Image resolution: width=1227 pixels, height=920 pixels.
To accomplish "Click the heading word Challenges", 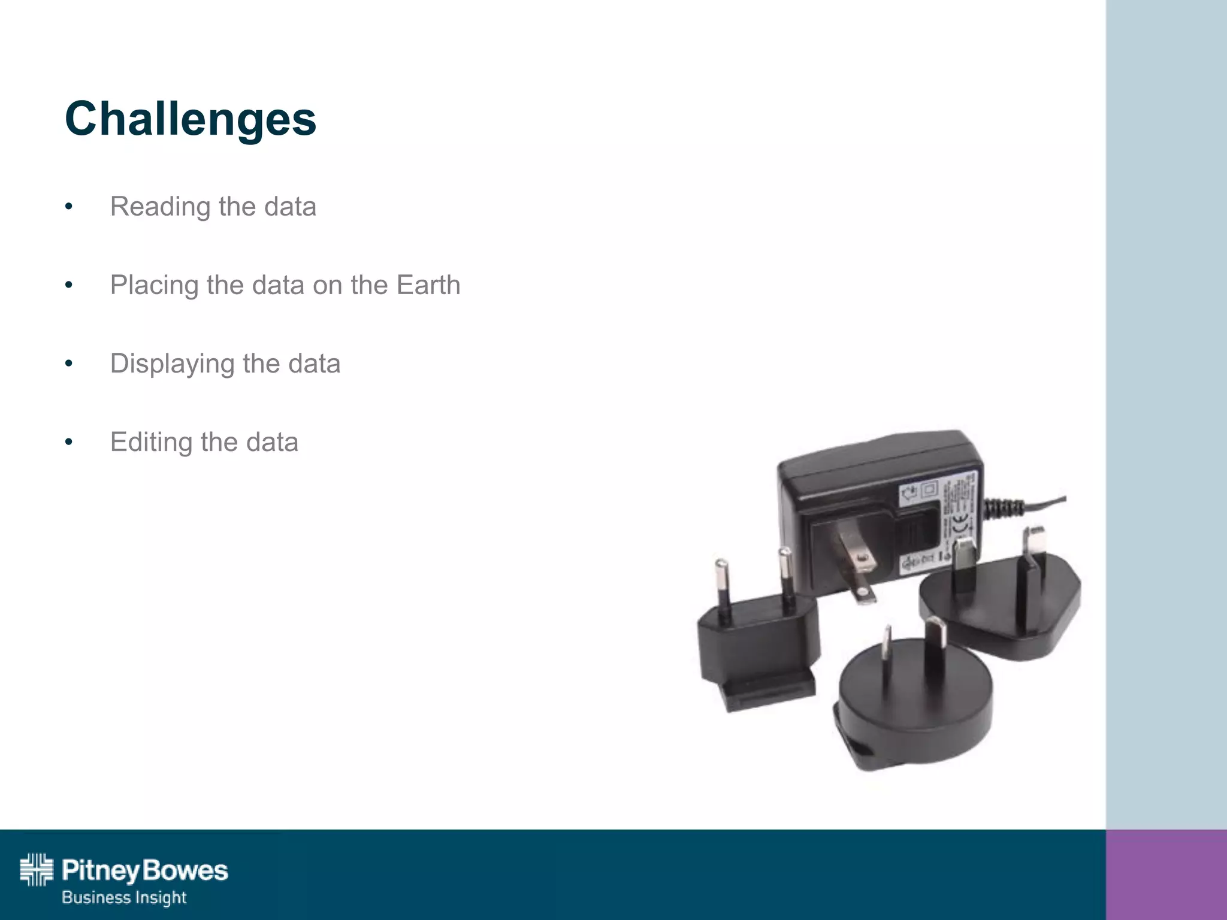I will pos(191,119).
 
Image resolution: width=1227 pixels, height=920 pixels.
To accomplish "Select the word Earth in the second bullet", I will pos(428,285).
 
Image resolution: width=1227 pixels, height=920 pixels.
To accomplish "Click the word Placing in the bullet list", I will pos(154,286).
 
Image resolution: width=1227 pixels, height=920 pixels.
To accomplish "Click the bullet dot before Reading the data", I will pos(69,207).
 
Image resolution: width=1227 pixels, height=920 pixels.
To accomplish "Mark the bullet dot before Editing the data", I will pos(69,443).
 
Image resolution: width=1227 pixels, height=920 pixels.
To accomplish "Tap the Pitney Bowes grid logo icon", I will pos(37,870).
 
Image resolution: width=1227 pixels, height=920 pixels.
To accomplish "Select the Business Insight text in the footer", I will pos(124,897).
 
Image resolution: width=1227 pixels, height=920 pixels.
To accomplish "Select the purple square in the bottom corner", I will pos(1166,874).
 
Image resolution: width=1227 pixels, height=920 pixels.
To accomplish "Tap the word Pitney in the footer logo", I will pos(99,870).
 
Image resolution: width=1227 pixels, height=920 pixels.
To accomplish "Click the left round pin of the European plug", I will pos(723,590).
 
